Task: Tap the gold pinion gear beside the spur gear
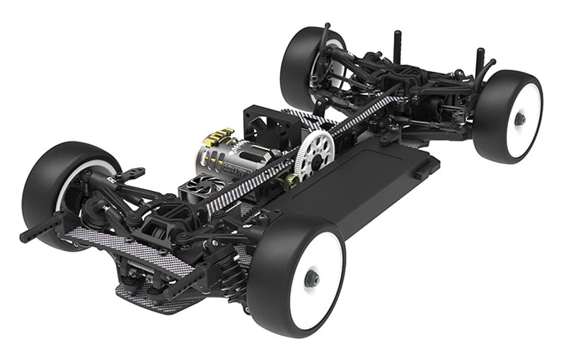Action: [291, 182]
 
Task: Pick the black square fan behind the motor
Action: [265, 127]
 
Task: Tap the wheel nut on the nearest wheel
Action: [312, 279]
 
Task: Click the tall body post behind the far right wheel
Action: [480, 60]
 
